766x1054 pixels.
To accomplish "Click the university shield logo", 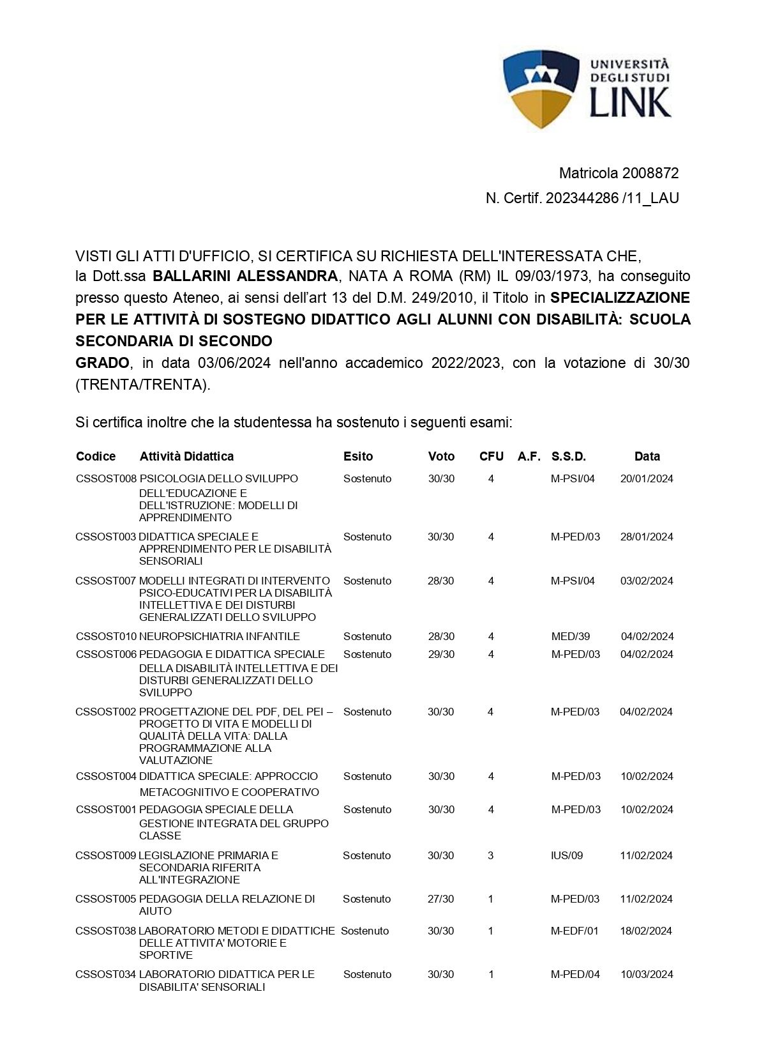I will tap(542, 89).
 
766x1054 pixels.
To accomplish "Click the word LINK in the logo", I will tap(630, 102).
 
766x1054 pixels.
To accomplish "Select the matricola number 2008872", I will tap(650, 173).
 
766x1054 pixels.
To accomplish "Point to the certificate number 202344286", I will tap(582, 198).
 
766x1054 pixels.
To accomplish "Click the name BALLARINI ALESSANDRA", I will tap(245, 276).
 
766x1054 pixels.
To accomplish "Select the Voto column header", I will tap(441, 456).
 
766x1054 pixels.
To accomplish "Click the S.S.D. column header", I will tap(568, 456).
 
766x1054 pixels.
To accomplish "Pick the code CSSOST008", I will tap(106, 478).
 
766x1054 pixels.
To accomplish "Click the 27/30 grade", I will tap(440, 899).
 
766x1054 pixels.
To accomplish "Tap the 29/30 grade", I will tap(441, 654).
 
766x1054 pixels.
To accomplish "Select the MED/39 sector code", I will tap(571, 636).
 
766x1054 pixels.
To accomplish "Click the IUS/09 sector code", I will tap(567, 855).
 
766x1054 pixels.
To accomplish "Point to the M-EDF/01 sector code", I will tap(574, 931).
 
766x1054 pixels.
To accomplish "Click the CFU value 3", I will tap(490, 855).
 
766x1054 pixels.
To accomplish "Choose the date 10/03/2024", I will tap(647, 974).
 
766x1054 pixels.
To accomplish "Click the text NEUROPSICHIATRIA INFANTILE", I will tap(220, 636).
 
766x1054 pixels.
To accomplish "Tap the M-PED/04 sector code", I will tap(575, 974).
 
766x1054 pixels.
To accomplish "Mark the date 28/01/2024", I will tap(647, 537).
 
